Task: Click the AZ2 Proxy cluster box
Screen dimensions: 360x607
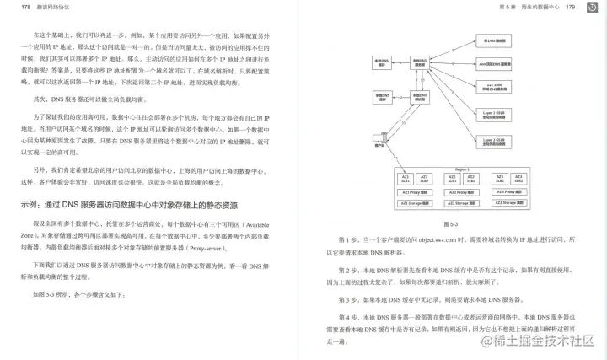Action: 462,192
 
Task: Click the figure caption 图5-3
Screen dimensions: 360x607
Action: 449,225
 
